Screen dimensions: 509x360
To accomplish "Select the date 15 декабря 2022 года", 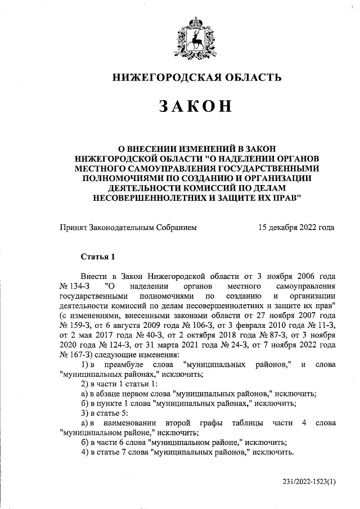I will click(296, 227).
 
